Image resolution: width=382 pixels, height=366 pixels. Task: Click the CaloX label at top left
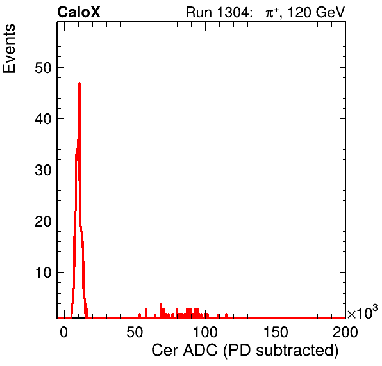tap(79, 12)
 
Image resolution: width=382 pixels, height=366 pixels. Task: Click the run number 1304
tap(234, 12)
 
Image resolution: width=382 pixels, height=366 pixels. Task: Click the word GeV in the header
tap(330, 12)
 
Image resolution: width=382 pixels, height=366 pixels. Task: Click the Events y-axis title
tap(9, 49)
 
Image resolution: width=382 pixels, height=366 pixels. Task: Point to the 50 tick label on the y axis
tap(43, 67)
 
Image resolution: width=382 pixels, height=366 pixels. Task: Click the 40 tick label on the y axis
tap(43, 118)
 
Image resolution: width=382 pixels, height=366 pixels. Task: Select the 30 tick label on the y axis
tap(43, 170)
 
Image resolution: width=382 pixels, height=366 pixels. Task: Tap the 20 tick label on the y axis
tap(43, 221)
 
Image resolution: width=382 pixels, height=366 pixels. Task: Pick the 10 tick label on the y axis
tap(44, 273)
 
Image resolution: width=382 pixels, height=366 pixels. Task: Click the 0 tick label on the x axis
tap(64, 332)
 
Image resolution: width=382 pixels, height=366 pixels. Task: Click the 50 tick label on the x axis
tap(135, 332)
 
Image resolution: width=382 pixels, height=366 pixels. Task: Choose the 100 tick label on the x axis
tap(205, 332)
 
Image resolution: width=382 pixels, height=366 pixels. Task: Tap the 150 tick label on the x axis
tap(276, 332)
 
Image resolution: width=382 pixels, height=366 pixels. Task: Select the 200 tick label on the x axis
tap(345, 332)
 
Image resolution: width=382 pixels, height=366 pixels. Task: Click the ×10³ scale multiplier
tap(363, 312)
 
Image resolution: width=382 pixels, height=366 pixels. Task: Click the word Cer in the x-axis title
tap(166, 351)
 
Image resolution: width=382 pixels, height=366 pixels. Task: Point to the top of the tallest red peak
tap(79, 83)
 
